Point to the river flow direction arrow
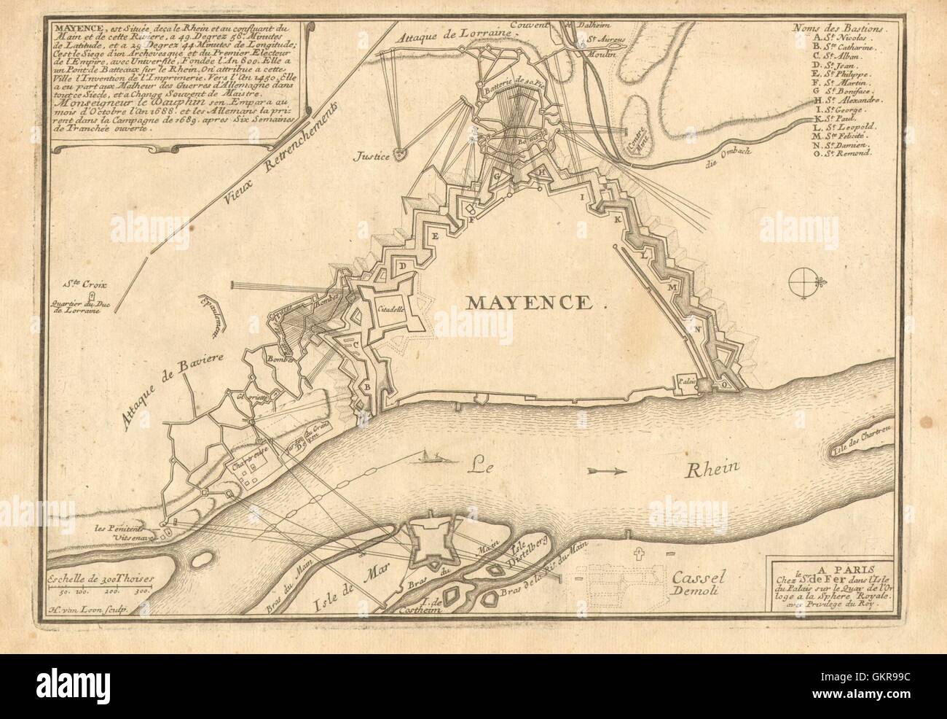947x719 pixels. [607, 472]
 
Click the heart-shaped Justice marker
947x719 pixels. [398, 154]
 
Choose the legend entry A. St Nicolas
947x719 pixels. [838, 36]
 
